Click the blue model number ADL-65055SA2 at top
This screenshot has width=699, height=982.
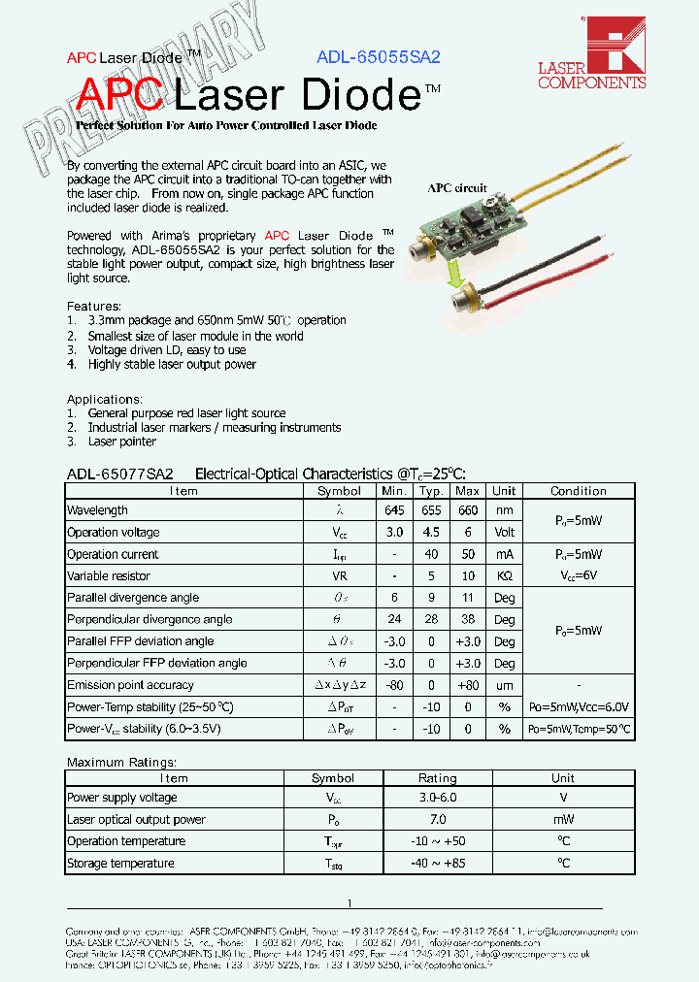(378, 57)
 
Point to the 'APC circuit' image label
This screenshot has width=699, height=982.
(457, 189)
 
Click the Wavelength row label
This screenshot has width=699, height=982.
(97, 510)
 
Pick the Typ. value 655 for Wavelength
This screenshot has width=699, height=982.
(431, 510)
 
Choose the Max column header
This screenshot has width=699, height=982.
(467, 491)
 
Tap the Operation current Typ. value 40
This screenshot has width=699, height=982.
(431, 554)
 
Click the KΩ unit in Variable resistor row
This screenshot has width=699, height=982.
(504, 576)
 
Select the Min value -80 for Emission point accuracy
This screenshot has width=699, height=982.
(393, 685)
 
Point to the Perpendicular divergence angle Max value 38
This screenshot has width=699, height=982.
(467, 619)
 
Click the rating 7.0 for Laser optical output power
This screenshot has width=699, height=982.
(437, 820)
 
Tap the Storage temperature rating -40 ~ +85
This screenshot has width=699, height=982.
(437, 864)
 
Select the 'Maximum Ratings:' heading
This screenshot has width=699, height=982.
(121, 763)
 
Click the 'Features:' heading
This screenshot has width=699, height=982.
(94, 306)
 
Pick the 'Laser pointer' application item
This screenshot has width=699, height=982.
(121, 442)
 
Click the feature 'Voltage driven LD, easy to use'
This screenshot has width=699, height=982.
(166, 350)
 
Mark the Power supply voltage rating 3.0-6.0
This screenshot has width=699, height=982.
(437, 798)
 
